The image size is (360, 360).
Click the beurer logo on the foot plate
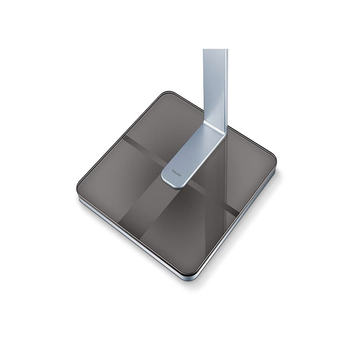(x=177, y=173)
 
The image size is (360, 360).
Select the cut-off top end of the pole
(x=215, y=50)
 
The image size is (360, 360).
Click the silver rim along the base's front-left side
(x=132, y=240)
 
